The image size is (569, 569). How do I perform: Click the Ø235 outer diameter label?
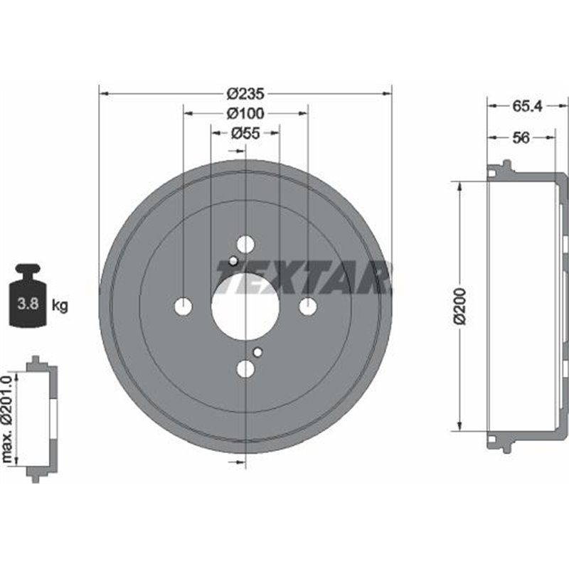[x=245, y=93]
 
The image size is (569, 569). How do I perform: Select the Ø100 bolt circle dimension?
[x=245, y=112]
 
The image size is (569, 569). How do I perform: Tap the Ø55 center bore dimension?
[x=245, y=132]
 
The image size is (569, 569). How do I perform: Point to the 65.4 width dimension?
[x=527, y=106]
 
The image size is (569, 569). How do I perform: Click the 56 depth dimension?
[x=521, y=138]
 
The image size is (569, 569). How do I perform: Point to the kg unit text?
[x=60, y=307]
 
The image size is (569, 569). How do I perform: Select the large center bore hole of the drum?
[x=245, y=307]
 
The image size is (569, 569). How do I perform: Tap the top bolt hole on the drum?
[x=245, y=245]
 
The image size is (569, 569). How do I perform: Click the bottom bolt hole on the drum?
[x=245, y=368]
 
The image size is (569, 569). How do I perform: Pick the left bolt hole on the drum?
[x=184, y=307]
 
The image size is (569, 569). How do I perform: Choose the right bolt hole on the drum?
[x=307, y=307]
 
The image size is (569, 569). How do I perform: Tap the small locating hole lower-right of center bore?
[x=258, y=351]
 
